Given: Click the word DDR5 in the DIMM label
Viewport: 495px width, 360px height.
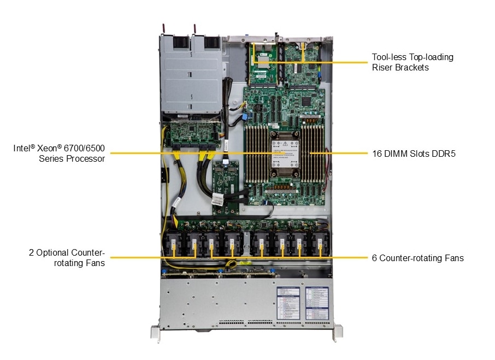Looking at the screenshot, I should point(443,154).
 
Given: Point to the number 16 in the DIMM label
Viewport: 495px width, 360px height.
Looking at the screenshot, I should point(376,154).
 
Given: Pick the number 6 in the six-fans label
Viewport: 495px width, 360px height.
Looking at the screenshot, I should point(374,258).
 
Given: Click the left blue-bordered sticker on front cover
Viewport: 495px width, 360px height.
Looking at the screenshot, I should point(288,304).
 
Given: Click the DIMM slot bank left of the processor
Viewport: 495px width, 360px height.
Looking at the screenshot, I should point(257,155).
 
